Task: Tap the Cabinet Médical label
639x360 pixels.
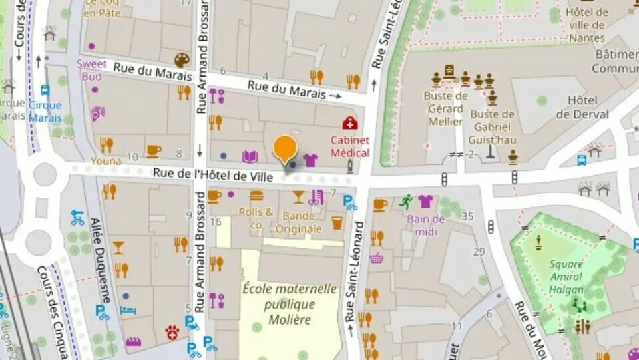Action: [350, 146]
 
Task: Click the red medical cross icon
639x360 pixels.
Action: [349, 123]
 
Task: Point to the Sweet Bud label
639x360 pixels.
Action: [91, 69]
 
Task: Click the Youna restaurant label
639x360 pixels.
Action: [106, 160]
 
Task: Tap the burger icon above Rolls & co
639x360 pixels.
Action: [256, 196]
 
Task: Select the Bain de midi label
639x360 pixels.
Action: [426, 224]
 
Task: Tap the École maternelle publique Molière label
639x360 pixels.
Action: [290, 304]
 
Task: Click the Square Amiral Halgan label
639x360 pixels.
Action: [566, 276]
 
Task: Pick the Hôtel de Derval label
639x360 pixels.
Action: [582, 107]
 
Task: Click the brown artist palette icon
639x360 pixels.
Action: [182, 60]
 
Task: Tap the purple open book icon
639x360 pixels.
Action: [250, 157]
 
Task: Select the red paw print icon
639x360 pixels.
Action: [172, 332]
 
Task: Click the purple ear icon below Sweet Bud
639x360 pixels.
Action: [98, 114]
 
